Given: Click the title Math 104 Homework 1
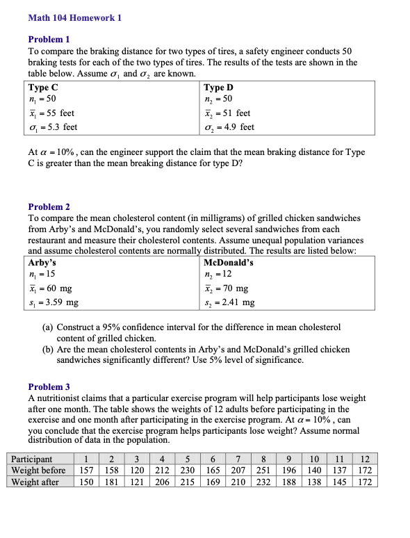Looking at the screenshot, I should pos(74,18).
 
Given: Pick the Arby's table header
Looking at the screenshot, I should pos(42,263).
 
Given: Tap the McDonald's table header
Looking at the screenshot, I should pos(229,263).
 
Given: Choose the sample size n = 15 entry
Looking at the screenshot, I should pos(42,275).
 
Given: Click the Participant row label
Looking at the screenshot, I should pos(32,459).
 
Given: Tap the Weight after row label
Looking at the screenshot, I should pos(35,482).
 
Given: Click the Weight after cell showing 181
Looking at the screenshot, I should pos(111,482).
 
